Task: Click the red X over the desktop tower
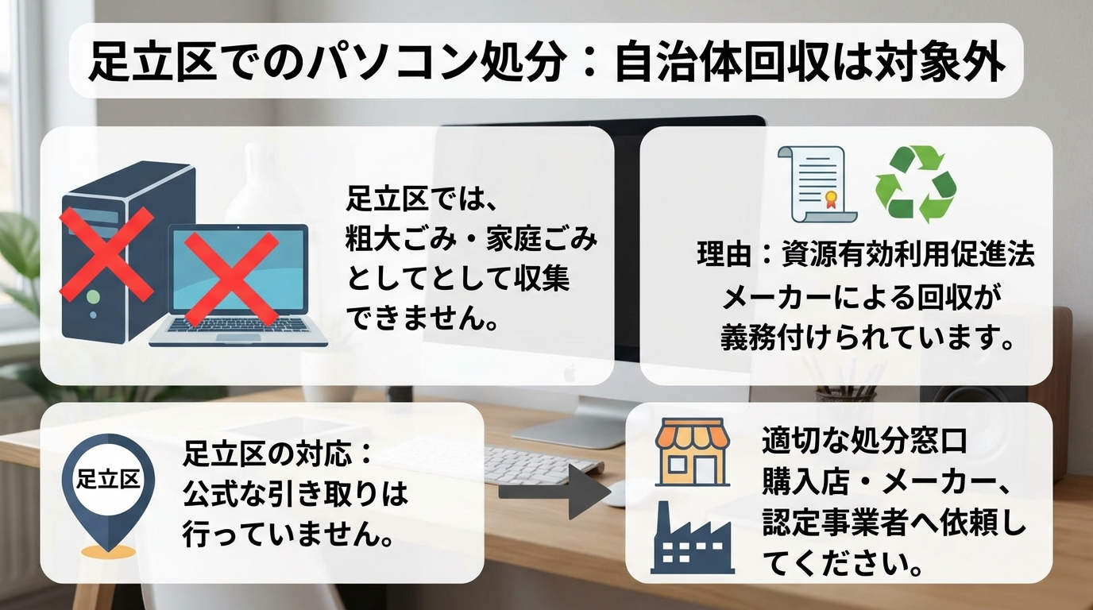(x=106, y=253)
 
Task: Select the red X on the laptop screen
(x=231, y=279)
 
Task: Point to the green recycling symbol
(x=915, y=184)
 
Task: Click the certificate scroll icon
(x=817, y=184)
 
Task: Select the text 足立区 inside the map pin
(x=108, y=479)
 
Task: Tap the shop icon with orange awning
(x=693, y=452)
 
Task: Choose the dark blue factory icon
(x=693, y=537)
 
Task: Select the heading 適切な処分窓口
(x=864, y=441)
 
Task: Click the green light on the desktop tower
(x=93, y=296)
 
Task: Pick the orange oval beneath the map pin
(x=108, y=552)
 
